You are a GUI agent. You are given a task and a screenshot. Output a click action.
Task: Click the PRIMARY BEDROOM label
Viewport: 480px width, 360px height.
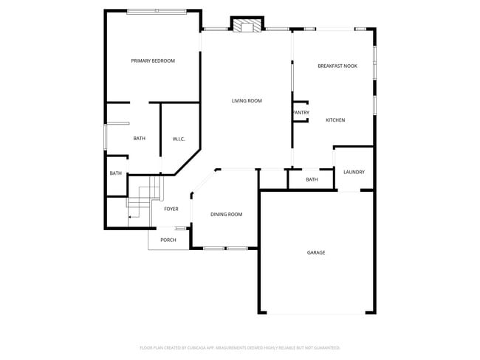tap(153, 60)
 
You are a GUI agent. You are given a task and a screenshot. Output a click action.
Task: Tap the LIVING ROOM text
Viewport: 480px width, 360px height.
tap(247, 101)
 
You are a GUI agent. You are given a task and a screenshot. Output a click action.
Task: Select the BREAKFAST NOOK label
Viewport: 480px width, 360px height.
tap(337, 66)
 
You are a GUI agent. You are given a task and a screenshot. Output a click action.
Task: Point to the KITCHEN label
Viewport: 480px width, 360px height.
tap(335, 120)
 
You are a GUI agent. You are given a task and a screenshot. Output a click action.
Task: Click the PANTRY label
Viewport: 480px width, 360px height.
tap(301, 113)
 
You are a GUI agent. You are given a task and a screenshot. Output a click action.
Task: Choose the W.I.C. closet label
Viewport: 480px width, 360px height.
tap(179, 139)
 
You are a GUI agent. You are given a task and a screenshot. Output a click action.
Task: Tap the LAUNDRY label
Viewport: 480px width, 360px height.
tap(354, 173)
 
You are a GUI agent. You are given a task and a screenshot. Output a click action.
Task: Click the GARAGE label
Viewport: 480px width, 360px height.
tap(316, 252)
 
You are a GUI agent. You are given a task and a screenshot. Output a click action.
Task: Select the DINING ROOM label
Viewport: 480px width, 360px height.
tap(226, 215)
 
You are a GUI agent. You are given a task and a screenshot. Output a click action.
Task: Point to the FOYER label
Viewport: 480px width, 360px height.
tap(171, 209)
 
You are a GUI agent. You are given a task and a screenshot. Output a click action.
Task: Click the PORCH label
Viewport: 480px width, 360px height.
tap(168, 240)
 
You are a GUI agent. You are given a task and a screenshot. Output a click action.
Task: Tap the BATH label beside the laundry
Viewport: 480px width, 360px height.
tap(312, 179)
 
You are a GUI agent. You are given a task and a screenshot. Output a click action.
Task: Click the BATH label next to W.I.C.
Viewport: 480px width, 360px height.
tap(140, 138)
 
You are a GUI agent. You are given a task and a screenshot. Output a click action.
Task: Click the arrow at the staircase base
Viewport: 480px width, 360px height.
tap(131, 217)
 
